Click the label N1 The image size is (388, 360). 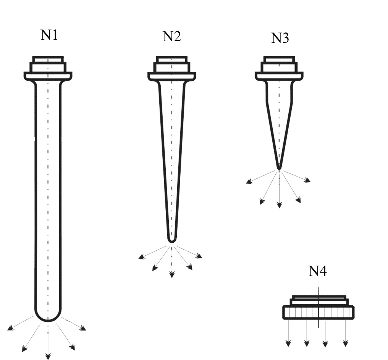[49, 35]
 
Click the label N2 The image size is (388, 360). [172, 36]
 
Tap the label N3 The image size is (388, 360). [280, 38]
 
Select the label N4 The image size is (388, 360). [318, 271]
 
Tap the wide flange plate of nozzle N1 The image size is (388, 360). [48, 76]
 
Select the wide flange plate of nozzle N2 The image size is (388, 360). [172, 76]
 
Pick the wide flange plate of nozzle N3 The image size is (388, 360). [279, 76]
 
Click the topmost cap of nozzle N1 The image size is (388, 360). [48, 59]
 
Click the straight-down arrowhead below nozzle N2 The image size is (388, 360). [172, 274]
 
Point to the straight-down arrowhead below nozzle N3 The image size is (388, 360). [280, 205]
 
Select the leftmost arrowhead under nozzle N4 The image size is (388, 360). [288, 344]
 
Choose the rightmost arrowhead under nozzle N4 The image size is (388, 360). [346, 344]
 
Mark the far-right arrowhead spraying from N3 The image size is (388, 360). [308, 180]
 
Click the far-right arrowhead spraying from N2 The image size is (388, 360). [199, 256]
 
